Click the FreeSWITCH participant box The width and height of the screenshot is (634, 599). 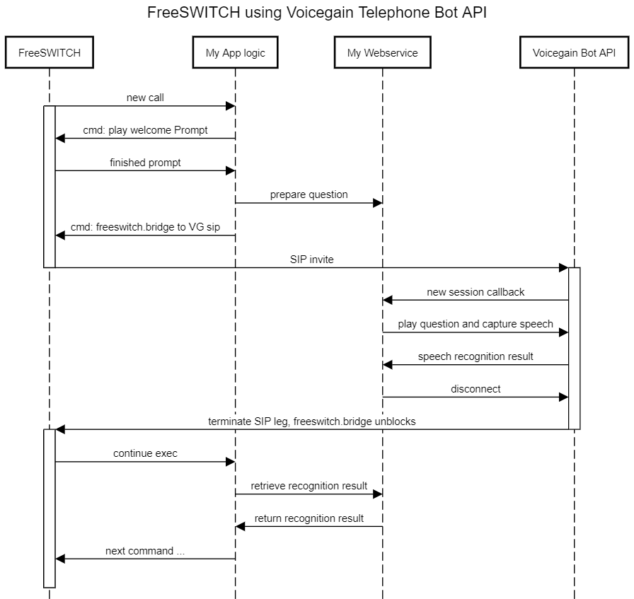50,52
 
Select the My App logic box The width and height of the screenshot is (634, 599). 236,52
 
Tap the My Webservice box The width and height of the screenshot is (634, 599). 383,52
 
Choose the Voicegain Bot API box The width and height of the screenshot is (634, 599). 574,52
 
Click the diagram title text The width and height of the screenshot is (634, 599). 317,12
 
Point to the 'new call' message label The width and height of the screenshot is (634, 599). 145,98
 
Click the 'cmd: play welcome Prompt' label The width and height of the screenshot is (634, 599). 145,130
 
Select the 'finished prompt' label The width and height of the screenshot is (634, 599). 145,163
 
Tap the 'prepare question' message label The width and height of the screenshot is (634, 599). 309,194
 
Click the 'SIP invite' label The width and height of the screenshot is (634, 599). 312,259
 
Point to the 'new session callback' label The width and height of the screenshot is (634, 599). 475,292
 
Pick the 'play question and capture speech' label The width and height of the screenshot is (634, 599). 475,324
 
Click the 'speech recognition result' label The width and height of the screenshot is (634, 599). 475,356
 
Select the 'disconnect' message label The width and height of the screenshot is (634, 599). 475,389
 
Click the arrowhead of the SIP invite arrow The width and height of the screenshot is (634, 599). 564,267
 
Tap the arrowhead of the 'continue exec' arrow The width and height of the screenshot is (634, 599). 231,462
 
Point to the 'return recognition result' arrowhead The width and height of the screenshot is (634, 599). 240,526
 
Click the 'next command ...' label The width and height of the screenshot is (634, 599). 145,551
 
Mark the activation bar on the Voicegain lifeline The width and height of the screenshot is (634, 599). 574,349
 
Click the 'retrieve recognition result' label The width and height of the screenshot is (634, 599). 309,486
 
